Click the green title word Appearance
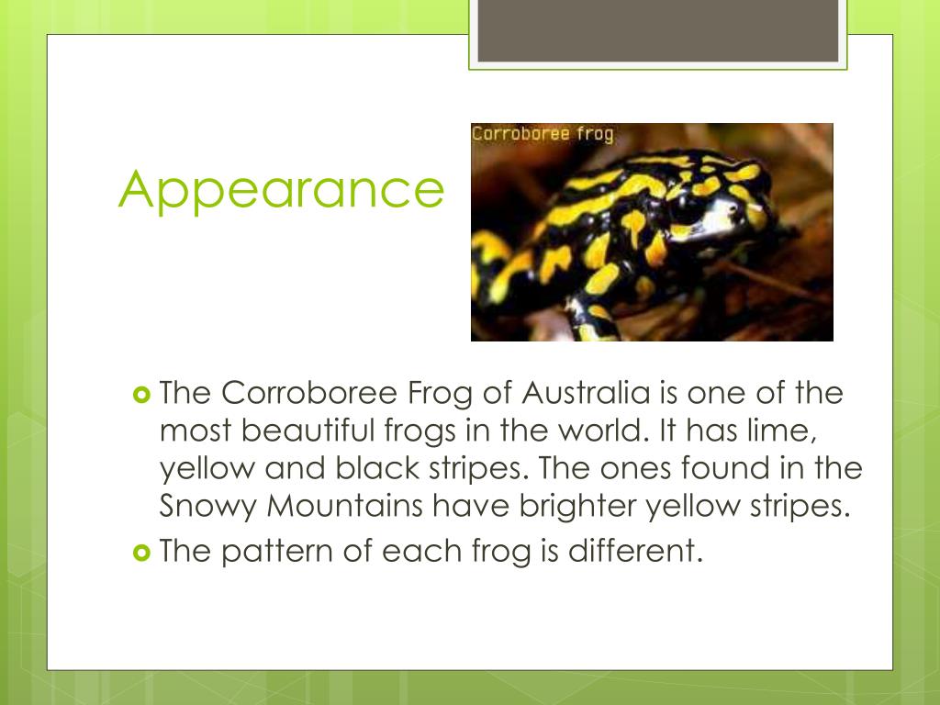click(280, 190)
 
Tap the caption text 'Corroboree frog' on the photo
click(543, 134)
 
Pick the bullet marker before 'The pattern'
click(140, 552)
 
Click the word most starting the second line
click(194, 431)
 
